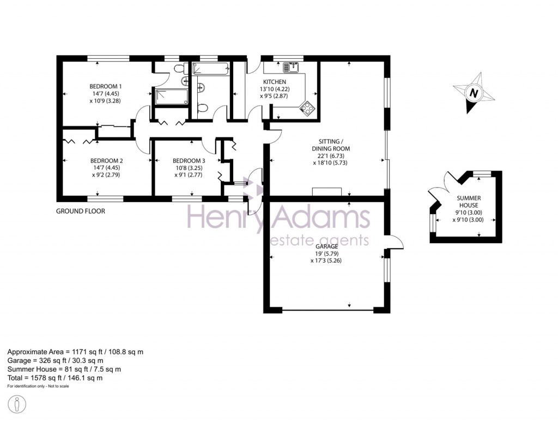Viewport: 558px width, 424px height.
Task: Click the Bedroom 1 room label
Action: (x=106, y=86)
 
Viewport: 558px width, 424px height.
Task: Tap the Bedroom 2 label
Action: (x=106, y=161)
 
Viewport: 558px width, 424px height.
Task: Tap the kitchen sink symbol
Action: (x=289, y=68)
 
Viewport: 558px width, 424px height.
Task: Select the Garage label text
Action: (x=325, y=246)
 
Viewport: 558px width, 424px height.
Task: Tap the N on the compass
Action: (x=474, y=94)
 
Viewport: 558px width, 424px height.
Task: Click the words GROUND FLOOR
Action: (x=81, y=211)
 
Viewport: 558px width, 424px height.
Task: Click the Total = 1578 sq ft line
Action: (x=55, y=378)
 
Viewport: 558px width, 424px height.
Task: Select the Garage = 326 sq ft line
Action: (x=56, y=360)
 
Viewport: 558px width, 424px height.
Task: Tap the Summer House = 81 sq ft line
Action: (x=64, y=369)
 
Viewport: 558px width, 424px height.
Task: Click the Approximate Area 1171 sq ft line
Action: (x=75, y=352)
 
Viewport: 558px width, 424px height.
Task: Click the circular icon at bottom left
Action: (x=18, y=404)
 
